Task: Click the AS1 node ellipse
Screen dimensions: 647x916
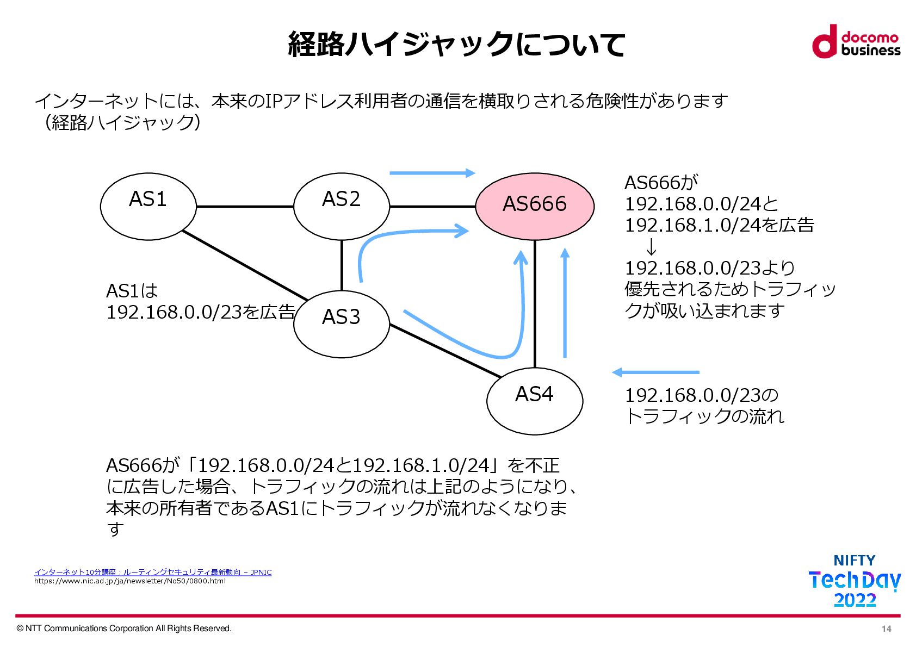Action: [x=148, y=207]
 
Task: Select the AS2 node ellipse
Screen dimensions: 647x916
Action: [x=342, y=207]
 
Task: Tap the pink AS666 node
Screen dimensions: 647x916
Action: [x=535, y=206]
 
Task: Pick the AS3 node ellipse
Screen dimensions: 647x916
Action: [x=342, y=324]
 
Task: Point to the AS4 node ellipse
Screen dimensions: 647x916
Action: [x=535, y=401]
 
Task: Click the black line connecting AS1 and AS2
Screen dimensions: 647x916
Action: [x=245, y=207]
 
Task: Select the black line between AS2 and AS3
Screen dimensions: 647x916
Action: [x=342, y=265]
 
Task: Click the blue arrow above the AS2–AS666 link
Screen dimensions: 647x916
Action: [x=432, y=173]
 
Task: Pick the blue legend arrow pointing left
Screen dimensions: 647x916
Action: [x=655, y=372]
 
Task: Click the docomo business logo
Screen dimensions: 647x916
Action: [x=856, y=41]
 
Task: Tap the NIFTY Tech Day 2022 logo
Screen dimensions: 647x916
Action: [x=855, y=581]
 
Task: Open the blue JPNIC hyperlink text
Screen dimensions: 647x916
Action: [x=153, y=572]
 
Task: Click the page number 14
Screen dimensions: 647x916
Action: [x=886, y=629]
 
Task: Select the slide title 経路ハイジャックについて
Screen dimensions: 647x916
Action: [x=456, y=44]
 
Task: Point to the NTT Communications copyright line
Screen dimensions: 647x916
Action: [x=125, y=629]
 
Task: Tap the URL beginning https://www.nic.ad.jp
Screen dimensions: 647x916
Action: [x=130, y=581]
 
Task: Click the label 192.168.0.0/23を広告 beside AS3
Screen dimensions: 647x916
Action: [x=200, y=312]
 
